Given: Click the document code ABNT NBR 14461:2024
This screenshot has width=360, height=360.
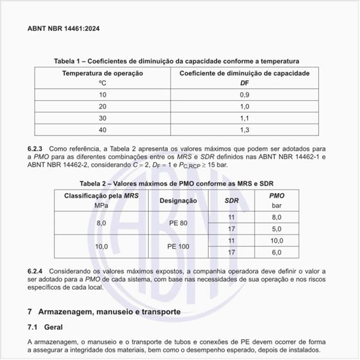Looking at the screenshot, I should tap(63, 29).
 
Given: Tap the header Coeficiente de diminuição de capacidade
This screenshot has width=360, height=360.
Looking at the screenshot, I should tap(244, 73).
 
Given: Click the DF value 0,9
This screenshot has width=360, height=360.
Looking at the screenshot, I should tap(244, 94).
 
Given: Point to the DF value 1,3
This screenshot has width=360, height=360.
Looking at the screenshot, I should tap(244, 130).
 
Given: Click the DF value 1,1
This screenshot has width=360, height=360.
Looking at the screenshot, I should tap(244, 118).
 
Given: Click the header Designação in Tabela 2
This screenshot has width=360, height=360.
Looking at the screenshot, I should tap(178, 200).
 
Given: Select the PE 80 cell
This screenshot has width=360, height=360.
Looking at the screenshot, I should tap(178, 223).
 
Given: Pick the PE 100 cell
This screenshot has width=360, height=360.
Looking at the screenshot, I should tap(178, 246).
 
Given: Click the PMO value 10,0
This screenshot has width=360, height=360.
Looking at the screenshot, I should tap(276, 240).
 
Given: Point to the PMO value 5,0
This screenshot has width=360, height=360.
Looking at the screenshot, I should tap(276, 228).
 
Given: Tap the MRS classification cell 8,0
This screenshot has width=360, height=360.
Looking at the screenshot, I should tap(101, 223).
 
